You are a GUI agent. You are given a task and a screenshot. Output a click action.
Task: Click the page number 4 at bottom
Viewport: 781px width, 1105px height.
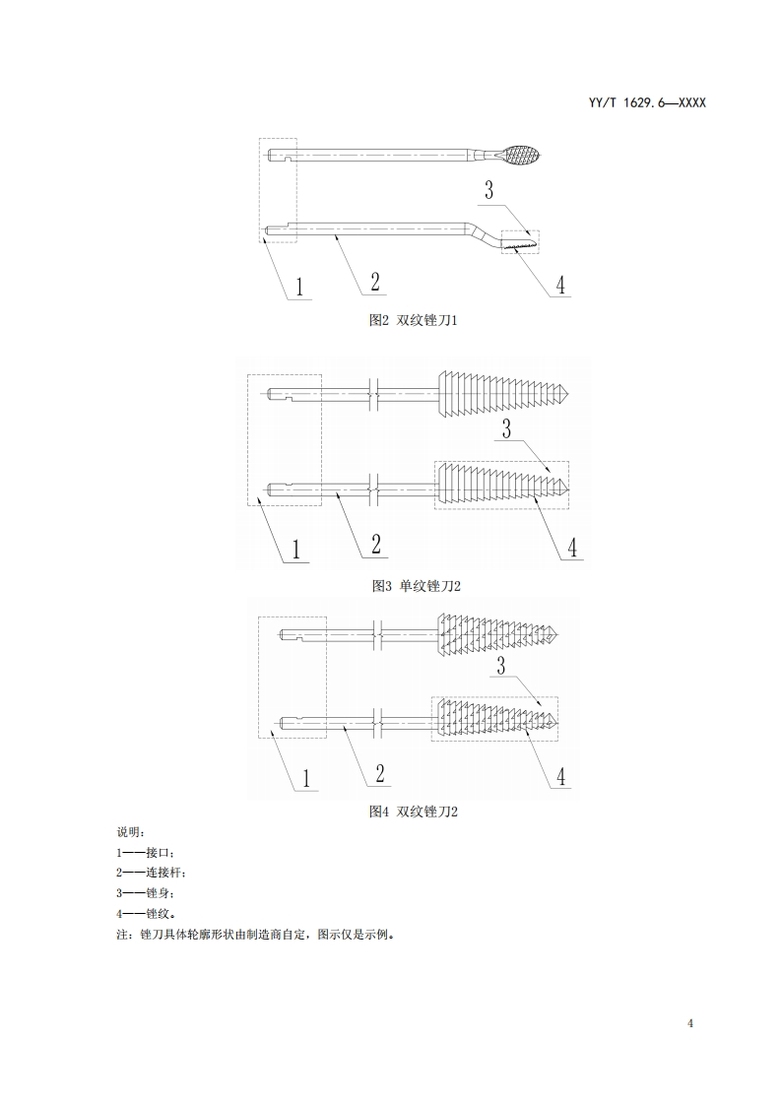(691, 1023)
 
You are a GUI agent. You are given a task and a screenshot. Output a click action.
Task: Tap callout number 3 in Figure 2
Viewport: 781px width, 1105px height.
(488, 190)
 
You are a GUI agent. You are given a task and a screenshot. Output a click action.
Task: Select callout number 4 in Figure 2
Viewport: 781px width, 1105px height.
(560, 285)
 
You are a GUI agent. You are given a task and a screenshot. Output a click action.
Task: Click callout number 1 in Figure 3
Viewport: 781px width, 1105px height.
(294, 549)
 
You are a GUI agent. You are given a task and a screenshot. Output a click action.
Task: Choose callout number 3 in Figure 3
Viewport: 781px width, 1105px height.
(506, 428)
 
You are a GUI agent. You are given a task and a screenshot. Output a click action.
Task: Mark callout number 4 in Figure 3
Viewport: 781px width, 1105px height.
(572, 547)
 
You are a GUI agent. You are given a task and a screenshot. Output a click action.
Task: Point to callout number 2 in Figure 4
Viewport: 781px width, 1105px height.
(380, 774)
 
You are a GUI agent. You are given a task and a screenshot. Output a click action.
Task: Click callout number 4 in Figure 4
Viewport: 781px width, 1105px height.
(560, 776)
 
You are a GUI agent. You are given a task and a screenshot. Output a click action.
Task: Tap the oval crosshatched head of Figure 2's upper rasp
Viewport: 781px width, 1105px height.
(518, 155)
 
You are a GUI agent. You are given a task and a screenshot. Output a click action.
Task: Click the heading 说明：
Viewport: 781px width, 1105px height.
(130, 832)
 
